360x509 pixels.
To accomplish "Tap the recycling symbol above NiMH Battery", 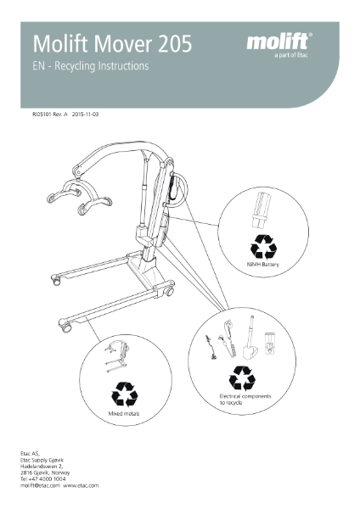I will (x=262, y=246).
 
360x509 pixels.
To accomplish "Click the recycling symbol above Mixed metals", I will (x=126, y=395).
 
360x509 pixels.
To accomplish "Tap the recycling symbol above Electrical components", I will (x=244, y=377).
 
